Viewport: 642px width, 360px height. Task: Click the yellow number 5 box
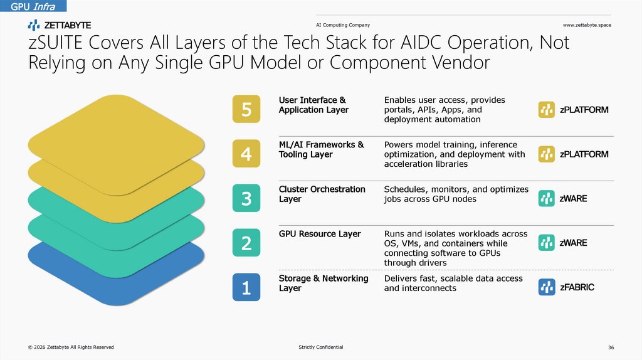click(x=246, y=109)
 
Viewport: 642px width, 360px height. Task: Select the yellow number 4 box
click(x=246, y=154)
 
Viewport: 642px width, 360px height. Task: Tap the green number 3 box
click(x=246, y=199)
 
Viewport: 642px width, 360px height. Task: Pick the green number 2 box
click(x=246, y=243)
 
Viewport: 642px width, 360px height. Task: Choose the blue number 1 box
click(x=246, y=287)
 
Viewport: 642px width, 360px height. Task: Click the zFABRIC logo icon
click(x=547, y=287)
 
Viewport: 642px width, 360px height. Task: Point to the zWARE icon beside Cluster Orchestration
click(x=547, y=199)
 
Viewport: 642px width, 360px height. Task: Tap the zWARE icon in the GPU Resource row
click(x=547, y=243)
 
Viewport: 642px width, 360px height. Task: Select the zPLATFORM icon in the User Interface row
click(x=547, y=110)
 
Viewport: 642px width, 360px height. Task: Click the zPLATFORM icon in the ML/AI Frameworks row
click(x=547, y=154)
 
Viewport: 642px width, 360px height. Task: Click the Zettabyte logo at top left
click(x=60, y=25)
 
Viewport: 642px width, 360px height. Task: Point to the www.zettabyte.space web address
click(x=587, y=25)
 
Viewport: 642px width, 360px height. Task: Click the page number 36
click(x=611, y=347)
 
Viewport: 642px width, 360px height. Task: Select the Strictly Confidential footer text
click(x=321, y=347)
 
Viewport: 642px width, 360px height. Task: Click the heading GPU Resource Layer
click(x=320, y=234)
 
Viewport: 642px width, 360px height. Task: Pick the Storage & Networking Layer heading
click(x=324, y=283)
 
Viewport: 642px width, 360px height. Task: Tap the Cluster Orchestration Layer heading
click(x=322, y=194)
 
